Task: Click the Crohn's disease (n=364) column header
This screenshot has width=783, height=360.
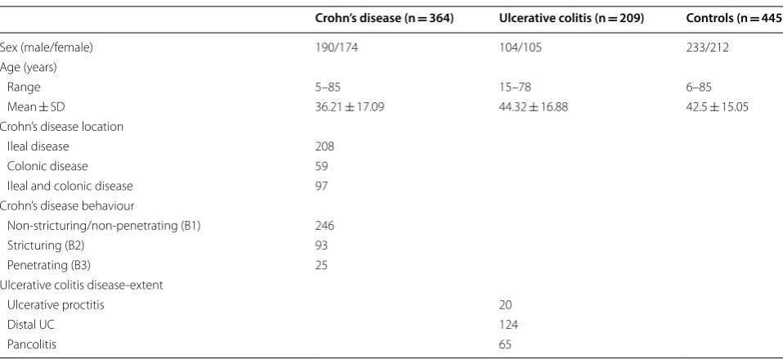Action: pyautogui.click(x=384, y=19)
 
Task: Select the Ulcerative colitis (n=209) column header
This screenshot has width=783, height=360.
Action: pyautogui.click(x=572, y=19)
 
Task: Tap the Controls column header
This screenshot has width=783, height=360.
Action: pyautogui.click(x=735, y=19)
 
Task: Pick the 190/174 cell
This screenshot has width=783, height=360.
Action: pyautogui.click(x=337, y=48)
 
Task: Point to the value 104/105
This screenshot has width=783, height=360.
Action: pyautogui.click(x=520, y=48)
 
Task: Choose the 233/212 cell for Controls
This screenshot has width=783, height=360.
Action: pyautogui.click(x=708, y=48)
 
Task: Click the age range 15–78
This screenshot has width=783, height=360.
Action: pyautogui.click(x=515, y=88)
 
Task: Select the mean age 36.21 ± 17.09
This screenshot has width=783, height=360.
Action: pyautogui.click(x=350, y=107)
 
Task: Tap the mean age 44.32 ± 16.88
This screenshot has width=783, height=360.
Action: pyautogui.click(x=533, y=107)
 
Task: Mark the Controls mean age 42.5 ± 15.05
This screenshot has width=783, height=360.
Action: pyautogui.click(x=718, y=107)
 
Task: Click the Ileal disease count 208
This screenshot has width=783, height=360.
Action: pyautogui.click(x=325, y=146)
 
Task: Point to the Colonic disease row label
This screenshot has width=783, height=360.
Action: pyautogui.click(x=47, y=166)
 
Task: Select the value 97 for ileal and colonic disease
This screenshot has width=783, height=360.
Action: pyautogui.click(x=322, y=186)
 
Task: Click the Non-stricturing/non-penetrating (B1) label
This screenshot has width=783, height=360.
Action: pyautogui.click(x=104, y=226)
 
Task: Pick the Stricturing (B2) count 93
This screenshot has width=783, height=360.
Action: pyautogui.click(x=322, y=245)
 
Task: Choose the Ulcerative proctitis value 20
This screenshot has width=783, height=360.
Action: pyautogui.click(x=506, y=304)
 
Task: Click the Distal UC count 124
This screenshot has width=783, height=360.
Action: pyautogui.click(x=508, y=325)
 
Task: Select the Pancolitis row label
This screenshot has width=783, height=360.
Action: pyautogui.click(x=32, y=344)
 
